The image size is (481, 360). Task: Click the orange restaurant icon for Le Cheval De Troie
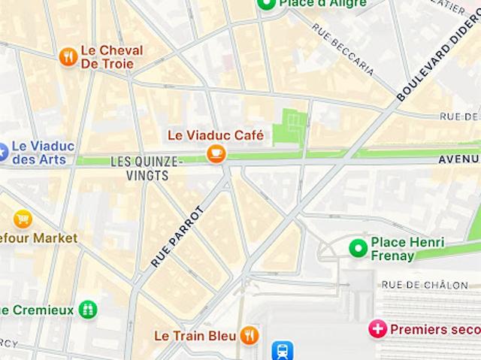[68, 56]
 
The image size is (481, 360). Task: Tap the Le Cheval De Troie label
[111, 57]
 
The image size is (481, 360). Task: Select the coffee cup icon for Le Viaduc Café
[216, 154]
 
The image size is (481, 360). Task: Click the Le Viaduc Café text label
[215, 135]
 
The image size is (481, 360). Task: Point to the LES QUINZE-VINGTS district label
[147, 168]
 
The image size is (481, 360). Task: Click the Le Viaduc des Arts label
[44, 153]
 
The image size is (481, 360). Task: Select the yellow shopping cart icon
[23, 219]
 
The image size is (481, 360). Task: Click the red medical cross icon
[377, 328]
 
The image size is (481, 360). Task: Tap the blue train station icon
[283, 350]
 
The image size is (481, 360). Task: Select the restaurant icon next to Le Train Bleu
[250, 335]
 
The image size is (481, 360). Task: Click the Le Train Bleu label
[195, 335]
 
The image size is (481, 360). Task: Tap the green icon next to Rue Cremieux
[89, 310]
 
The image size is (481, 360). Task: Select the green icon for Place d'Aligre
[265, 4]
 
